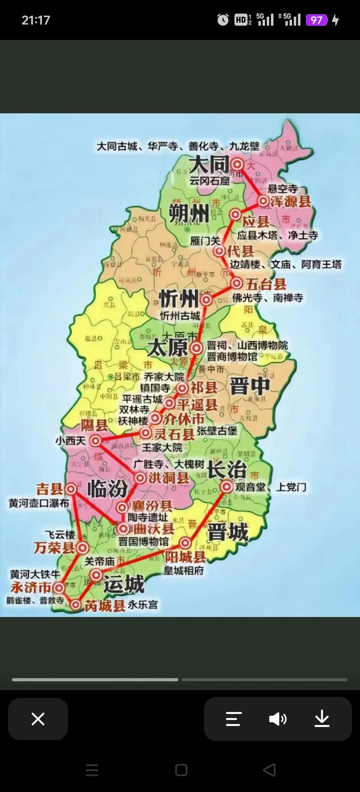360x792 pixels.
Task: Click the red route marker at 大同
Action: [238, 164]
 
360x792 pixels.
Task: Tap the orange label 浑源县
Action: [291, 201]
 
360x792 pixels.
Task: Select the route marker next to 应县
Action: [235, 215]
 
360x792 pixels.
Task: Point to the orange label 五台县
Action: [265, 284]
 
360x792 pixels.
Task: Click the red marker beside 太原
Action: [196, 347]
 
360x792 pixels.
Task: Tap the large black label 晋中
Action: [250, 386]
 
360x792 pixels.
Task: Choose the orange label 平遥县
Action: [197, 405]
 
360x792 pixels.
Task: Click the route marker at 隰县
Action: [95, 441]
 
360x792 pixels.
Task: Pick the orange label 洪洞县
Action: [169, 478]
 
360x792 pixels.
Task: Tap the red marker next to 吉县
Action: [71, 489]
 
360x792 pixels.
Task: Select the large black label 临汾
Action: [107, 489]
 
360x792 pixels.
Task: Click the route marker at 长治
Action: [226, 486]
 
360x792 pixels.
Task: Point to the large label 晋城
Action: [228, 533]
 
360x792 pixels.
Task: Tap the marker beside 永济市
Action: [58, 588]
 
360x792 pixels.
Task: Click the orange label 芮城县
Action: [105, 606]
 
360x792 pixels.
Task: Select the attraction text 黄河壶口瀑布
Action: [39, 503]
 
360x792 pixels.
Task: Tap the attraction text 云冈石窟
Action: [209, 181]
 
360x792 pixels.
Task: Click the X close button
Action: [38, 719]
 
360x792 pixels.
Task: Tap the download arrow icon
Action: [322, 719]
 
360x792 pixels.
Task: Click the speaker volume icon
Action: [278, 719]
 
